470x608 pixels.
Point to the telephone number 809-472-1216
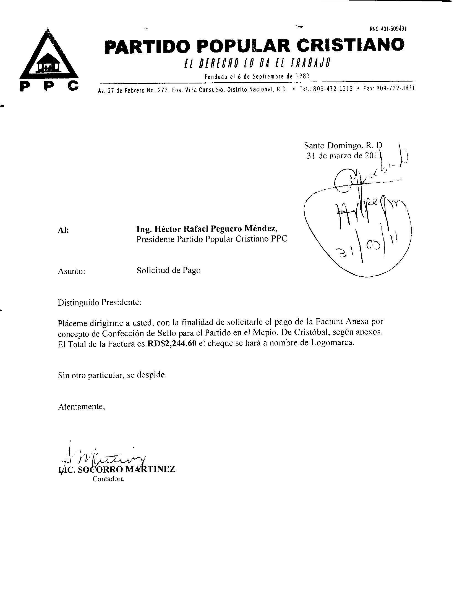tap(332, 89)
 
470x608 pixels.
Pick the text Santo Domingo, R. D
tap(343, 145)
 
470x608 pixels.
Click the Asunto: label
tap(71, 271)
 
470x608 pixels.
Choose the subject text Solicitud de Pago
tap(168, 270)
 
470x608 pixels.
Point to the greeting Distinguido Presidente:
tap(100, 302)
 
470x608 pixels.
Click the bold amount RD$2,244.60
tap(172, 343)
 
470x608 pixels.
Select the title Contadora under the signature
tap(108, 479)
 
